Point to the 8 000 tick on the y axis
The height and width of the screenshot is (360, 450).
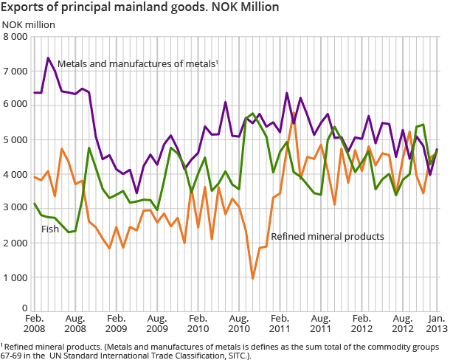click(x=15, y=37)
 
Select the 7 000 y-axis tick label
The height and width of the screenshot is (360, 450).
click(x=15, y=72)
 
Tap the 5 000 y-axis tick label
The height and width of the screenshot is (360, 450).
click(x=15, y=140)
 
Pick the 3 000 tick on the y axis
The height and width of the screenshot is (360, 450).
click(x=15, y=209)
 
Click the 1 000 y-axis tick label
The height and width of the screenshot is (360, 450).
click(x=15, y=277)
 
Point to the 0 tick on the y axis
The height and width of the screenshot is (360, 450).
click(x=24, y=308)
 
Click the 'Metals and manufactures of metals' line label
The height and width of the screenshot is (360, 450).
click(x=137, y=64)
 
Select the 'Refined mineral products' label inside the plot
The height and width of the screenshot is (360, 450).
click(x=327, y=237)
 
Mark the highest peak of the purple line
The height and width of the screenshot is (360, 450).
click(x=48, y=58)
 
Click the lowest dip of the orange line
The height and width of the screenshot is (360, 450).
click(x=252, y=278)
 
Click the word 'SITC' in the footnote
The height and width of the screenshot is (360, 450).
click(x=237, y=356)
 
